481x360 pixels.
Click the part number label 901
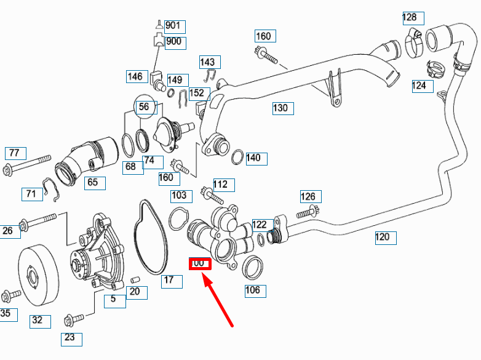tap(173, 26)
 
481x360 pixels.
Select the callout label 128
tap(410, 17)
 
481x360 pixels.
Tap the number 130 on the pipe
tap(280, 108)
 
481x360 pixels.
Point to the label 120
tap(383, 237)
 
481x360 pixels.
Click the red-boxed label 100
tap(199, 264)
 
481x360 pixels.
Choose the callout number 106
tap(253, 290)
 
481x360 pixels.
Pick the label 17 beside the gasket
tap(169, 281)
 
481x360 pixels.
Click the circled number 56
tap(144, 107)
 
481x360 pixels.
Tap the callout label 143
tap(208, 62)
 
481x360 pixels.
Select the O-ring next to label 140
tap(237, 158)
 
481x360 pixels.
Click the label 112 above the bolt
tap(220, 184)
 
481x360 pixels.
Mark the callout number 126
tap(308, 196)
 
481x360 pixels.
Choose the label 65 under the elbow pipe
tap(92, 182)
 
